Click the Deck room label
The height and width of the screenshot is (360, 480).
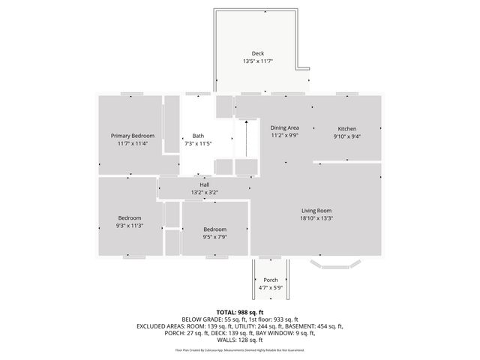[x=257, y=53]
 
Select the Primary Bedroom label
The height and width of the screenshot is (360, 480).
[x=132, y=136]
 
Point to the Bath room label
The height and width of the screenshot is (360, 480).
[x=198, y=136]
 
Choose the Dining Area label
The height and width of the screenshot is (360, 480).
[x=285, y=128]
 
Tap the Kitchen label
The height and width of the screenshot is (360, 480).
[x=346, y=128]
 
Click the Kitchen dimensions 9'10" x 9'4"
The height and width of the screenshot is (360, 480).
[x=346, y=136]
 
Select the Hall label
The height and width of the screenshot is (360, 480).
[x=204, y=184]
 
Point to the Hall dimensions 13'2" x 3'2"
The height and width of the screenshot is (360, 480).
[x=204, y=193]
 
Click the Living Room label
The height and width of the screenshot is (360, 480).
[x=316, y=211]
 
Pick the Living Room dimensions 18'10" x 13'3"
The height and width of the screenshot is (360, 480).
[x=316, y=219]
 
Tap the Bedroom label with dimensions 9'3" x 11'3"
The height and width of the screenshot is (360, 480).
[x=129, y=217]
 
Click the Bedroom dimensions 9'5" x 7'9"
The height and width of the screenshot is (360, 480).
[x=214, y=237]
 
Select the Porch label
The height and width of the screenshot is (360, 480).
[x=270, y=280]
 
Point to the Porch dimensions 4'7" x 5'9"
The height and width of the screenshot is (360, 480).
[x=270, y=288]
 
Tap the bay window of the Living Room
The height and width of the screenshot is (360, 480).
[x=336, y=264]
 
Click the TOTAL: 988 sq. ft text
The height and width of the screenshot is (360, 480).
[x=239, y=312]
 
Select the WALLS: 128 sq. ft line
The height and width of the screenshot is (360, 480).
[x=239, y=340]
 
